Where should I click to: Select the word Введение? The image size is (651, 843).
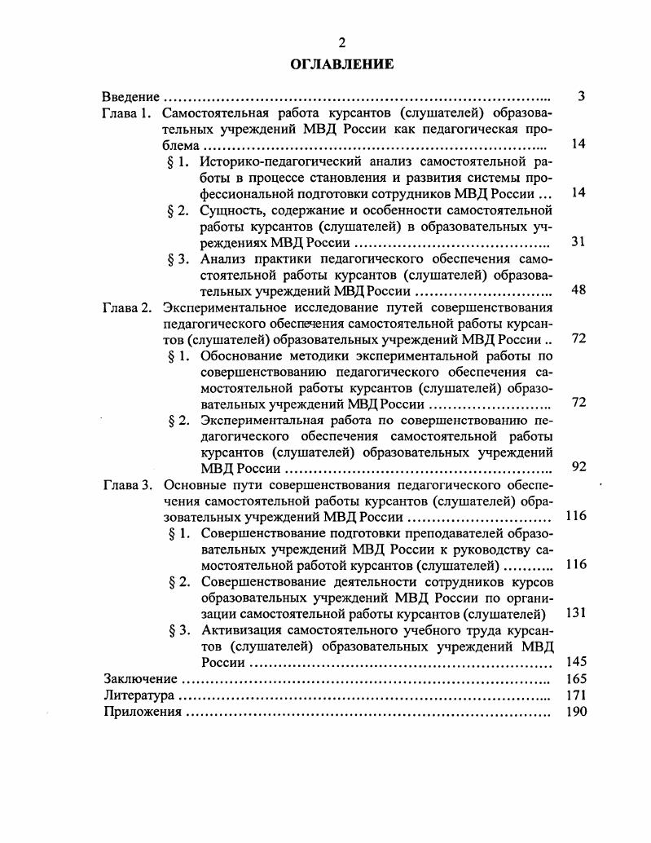click(130, 97)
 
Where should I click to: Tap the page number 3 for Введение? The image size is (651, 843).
click(581, 97)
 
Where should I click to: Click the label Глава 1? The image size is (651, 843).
click(128, 113)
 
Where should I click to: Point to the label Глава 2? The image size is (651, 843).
click(128, 307)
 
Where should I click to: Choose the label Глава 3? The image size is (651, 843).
click(128, 485)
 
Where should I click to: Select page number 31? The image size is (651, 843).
click(579, 241)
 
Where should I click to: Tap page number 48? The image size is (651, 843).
click(579, 289)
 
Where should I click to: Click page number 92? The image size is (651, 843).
click(579, 467)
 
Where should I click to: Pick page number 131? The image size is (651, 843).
click(576, 613)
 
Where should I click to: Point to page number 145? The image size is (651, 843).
click(576, 661)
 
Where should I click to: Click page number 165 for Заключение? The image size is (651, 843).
click(576, 678)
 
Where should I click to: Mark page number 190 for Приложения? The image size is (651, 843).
click(576, 712)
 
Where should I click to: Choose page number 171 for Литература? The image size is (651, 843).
click(576, 695)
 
